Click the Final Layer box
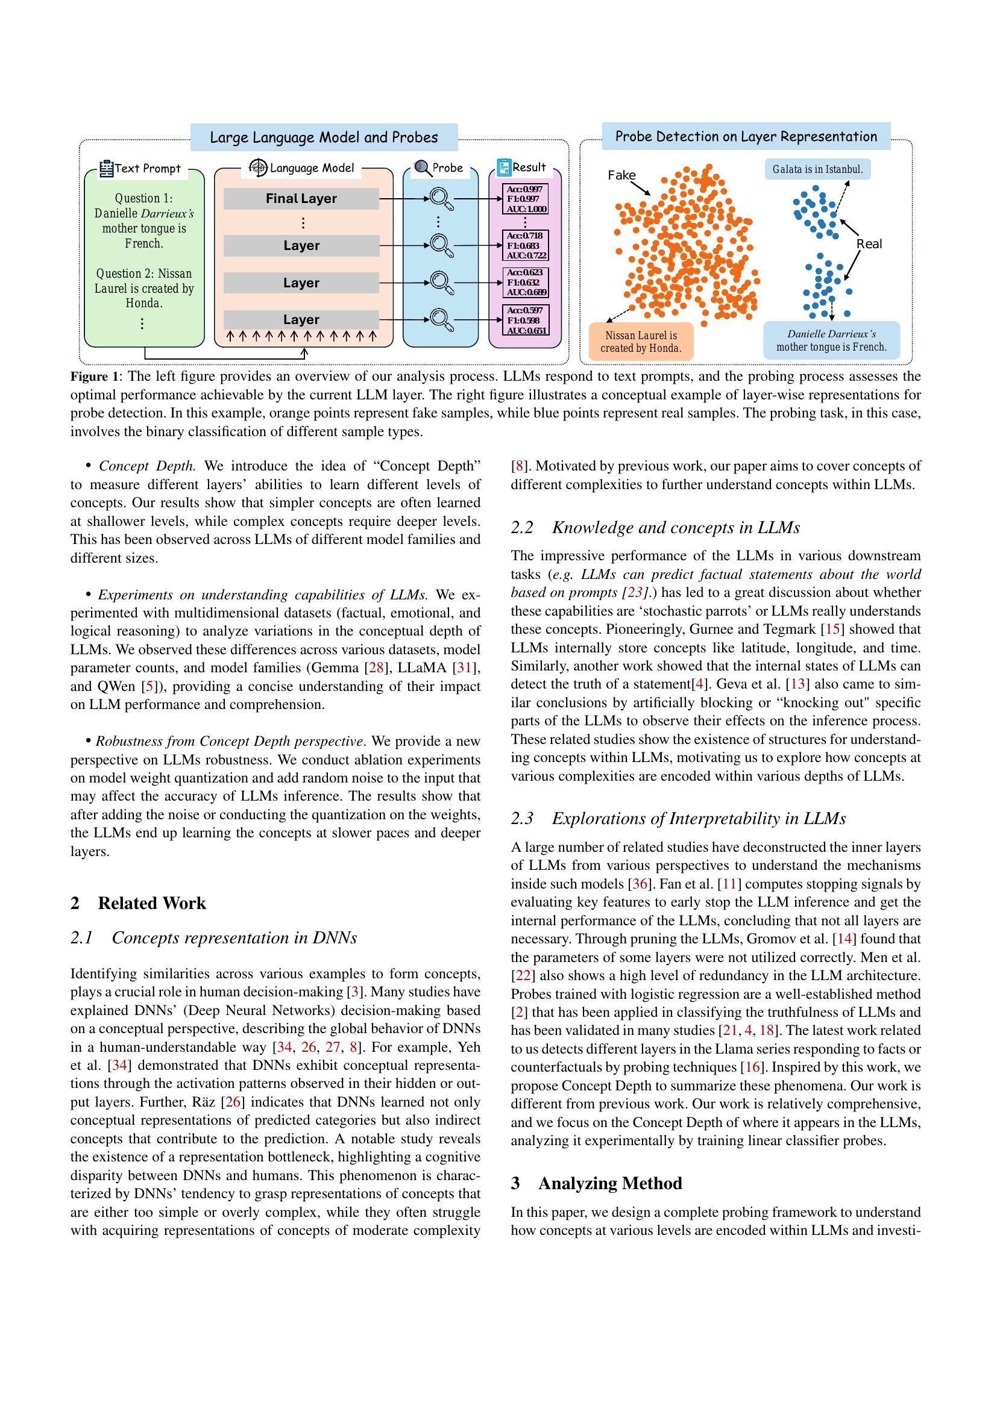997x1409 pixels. [x=301, y=199]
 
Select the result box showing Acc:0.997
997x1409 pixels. [x=525, y=199]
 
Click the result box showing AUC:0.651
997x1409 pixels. [x=525, y=320]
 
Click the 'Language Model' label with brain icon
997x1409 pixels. [x=303, y=167]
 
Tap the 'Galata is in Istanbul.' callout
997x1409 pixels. [x=817, y=169]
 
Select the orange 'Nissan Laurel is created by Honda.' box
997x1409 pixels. [x=641, y=342]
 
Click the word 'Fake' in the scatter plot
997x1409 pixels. [x=621, y=175]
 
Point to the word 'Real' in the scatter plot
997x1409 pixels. [x=869, y=243]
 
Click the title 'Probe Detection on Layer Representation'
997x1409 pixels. [x=745, y=137]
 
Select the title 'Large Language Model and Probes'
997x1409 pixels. [x=324, y=137]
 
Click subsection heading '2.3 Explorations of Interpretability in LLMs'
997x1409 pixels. [x=678, y=818]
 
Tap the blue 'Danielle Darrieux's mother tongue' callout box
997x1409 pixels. [x=831, y=340]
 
